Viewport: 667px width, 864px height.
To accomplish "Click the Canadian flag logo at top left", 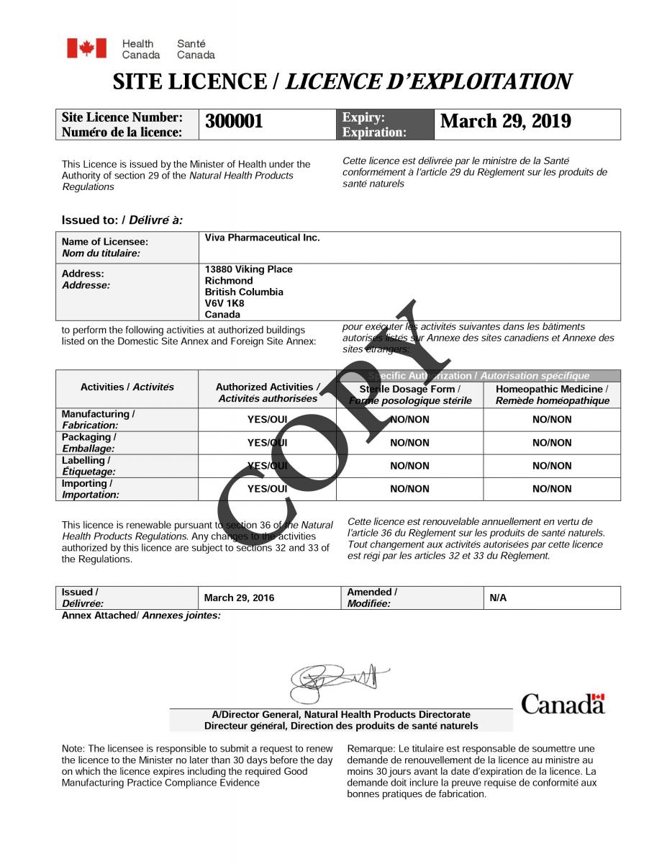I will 86,48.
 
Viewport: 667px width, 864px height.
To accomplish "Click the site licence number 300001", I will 235,122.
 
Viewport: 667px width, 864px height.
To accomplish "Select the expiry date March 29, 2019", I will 505,122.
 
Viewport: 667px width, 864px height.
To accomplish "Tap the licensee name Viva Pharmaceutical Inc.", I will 262,238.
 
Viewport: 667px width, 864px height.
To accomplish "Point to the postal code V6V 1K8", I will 224,303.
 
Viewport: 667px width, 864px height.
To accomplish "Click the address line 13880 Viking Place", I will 248,269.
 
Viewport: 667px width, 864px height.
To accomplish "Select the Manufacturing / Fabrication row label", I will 98,420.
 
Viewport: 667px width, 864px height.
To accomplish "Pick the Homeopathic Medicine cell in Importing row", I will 551,489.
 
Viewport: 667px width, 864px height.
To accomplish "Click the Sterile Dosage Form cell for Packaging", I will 409,443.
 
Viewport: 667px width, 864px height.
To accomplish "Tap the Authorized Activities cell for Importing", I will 267,489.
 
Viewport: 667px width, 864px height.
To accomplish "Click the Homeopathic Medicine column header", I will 551,395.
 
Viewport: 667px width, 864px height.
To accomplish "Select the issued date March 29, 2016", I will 239,598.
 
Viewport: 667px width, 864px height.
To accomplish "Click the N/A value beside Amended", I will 498,598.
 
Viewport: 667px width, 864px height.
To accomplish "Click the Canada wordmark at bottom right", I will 563,703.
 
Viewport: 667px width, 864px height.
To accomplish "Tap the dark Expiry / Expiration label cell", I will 384,125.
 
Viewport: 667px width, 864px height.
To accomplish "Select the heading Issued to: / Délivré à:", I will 122,220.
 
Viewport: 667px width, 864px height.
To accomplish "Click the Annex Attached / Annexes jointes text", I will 141,616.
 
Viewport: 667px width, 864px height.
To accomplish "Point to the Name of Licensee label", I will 104,248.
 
